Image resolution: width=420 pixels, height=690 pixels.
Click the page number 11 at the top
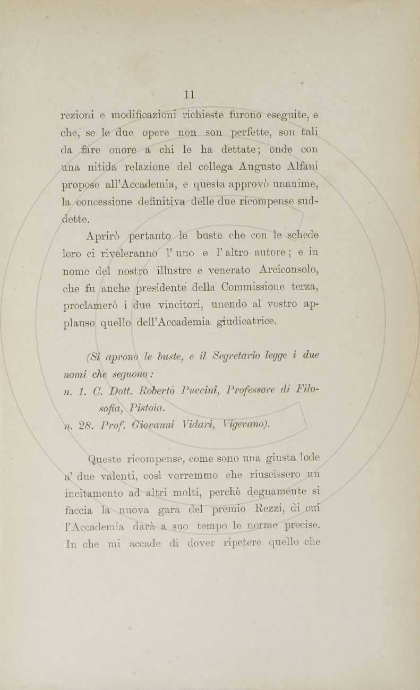tap(190, 94)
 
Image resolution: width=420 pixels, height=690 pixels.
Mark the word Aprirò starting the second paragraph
tap(104, 236)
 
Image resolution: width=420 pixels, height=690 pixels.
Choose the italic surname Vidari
tap(202, 426)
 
